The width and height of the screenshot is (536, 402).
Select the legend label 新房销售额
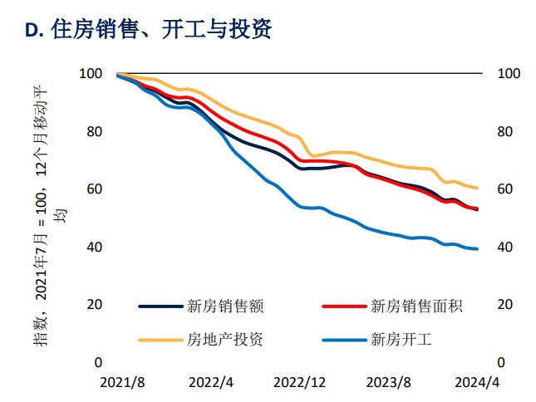(226, 306)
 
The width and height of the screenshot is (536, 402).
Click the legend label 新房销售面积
(416, 306)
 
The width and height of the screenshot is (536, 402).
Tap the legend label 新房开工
(403, 339)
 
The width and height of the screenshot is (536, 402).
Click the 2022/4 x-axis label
(210, 382)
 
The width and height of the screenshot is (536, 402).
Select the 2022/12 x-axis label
(301, 382)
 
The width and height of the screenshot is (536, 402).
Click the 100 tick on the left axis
(91, 74)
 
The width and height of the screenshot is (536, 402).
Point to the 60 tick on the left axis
(94, 189)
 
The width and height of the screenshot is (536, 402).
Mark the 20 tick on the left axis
(94, 305)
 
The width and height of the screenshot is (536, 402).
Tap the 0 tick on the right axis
(500, 362)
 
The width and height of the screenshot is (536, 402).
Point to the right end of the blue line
(477, 249)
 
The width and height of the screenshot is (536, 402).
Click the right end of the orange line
(477, 189)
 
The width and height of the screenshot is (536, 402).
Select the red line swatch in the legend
(343, 306)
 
